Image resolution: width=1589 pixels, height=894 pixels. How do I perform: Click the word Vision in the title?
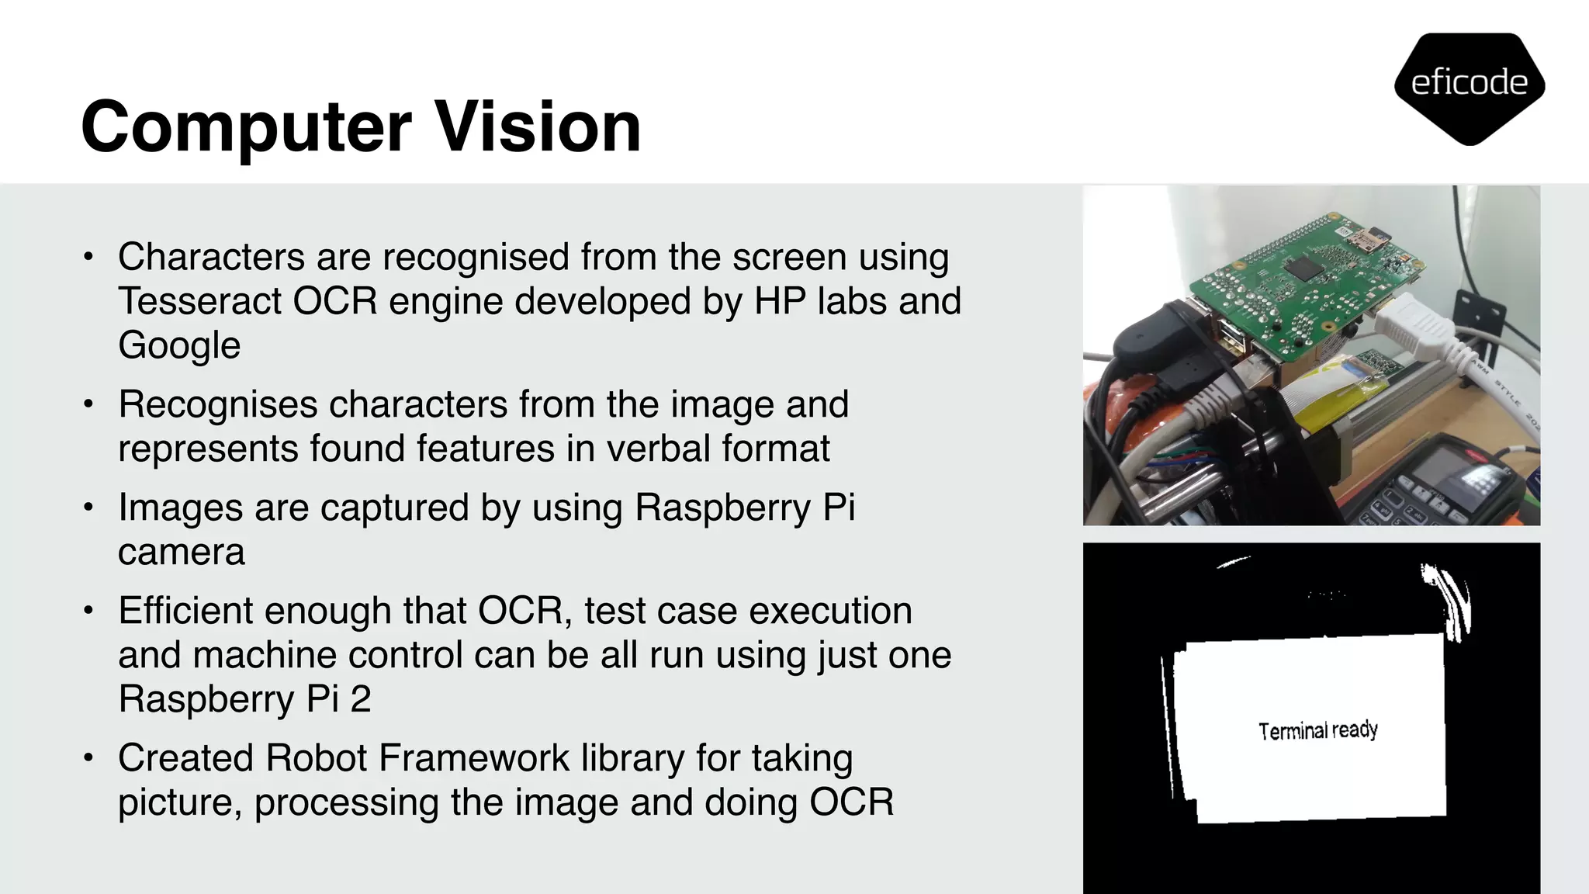538,126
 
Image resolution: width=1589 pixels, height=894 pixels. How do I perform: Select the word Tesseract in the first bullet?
199,301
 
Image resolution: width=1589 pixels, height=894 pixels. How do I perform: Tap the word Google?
179,345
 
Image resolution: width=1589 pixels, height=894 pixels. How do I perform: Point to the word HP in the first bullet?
780,301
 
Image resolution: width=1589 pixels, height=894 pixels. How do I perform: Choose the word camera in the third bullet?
182,552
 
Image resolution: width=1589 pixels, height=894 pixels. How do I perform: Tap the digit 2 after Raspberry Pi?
361,699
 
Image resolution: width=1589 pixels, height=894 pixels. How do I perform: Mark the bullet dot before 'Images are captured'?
89,508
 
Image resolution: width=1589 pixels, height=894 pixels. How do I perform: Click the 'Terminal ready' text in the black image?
1317,730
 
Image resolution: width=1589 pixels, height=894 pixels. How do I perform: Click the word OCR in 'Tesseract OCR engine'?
334,301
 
